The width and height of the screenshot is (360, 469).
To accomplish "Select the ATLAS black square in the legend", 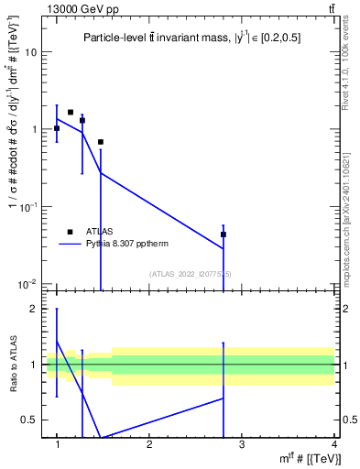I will click(69, 232).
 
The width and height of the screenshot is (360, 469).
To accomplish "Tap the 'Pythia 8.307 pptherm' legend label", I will click(127, 245).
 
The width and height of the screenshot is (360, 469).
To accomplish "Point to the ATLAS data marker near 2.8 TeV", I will click(224, 234).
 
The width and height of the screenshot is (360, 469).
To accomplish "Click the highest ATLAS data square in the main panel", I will click(71, 113).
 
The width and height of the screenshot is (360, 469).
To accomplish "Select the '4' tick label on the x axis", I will click(334, 443).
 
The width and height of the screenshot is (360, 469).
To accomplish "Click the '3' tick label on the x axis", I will click(242, 443).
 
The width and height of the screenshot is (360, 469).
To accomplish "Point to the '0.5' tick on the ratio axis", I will click(28, 420).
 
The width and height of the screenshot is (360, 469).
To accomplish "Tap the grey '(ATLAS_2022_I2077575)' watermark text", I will click(191, 274).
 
